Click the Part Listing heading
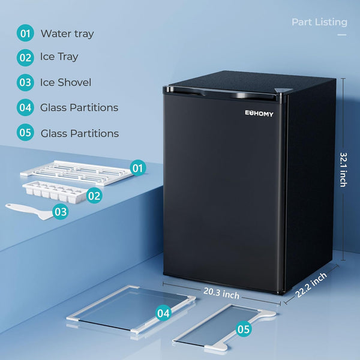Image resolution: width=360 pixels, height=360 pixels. pyautogui.click(x=319, y=22)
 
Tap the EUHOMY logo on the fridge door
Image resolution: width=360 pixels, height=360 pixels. pyautogui.click(x=259, y=114)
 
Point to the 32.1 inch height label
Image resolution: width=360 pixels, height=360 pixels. pyautogui.click(x=343, y=169)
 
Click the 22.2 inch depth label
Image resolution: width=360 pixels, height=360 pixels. pyautogui.click(x=311, y=285)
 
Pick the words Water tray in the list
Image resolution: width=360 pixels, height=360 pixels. pyautogui.click(x=67, y=34)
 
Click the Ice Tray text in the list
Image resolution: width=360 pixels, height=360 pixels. pyautogui.click(x=59, y=57)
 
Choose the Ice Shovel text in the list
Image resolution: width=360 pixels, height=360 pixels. pyautogui.click(x=65, y=82)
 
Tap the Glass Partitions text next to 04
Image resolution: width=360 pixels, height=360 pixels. pyautogui.click(x=79, y=108)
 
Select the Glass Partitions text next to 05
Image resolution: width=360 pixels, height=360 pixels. pyautogui.click(x=79, y=133)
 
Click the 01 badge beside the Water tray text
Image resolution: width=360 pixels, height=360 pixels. pyautogui.click(x=25, y=34)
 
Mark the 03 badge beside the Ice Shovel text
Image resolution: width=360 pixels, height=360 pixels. pyautogui.click(x=25, y=82)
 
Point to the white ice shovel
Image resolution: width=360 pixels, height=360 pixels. pyautogui.click(x=27, y=210)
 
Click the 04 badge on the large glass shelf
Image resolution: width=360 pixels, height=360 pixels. pyautogui.click(x=163, y=313)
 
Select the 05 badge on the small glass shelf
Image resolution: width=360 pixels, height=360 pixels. pyautogui.click(x=243, y=328)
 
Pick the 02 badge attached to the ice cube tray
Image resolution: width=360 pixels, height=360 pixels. pyautogui.click(x=94, y=194)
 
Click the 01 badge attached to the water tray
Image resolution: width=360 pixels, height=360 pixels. pyautogui.click(x=138, y=168)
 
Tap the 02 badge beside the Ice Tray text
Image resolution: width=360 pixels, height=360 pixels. pyautogui.click(x=25, y=57)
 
